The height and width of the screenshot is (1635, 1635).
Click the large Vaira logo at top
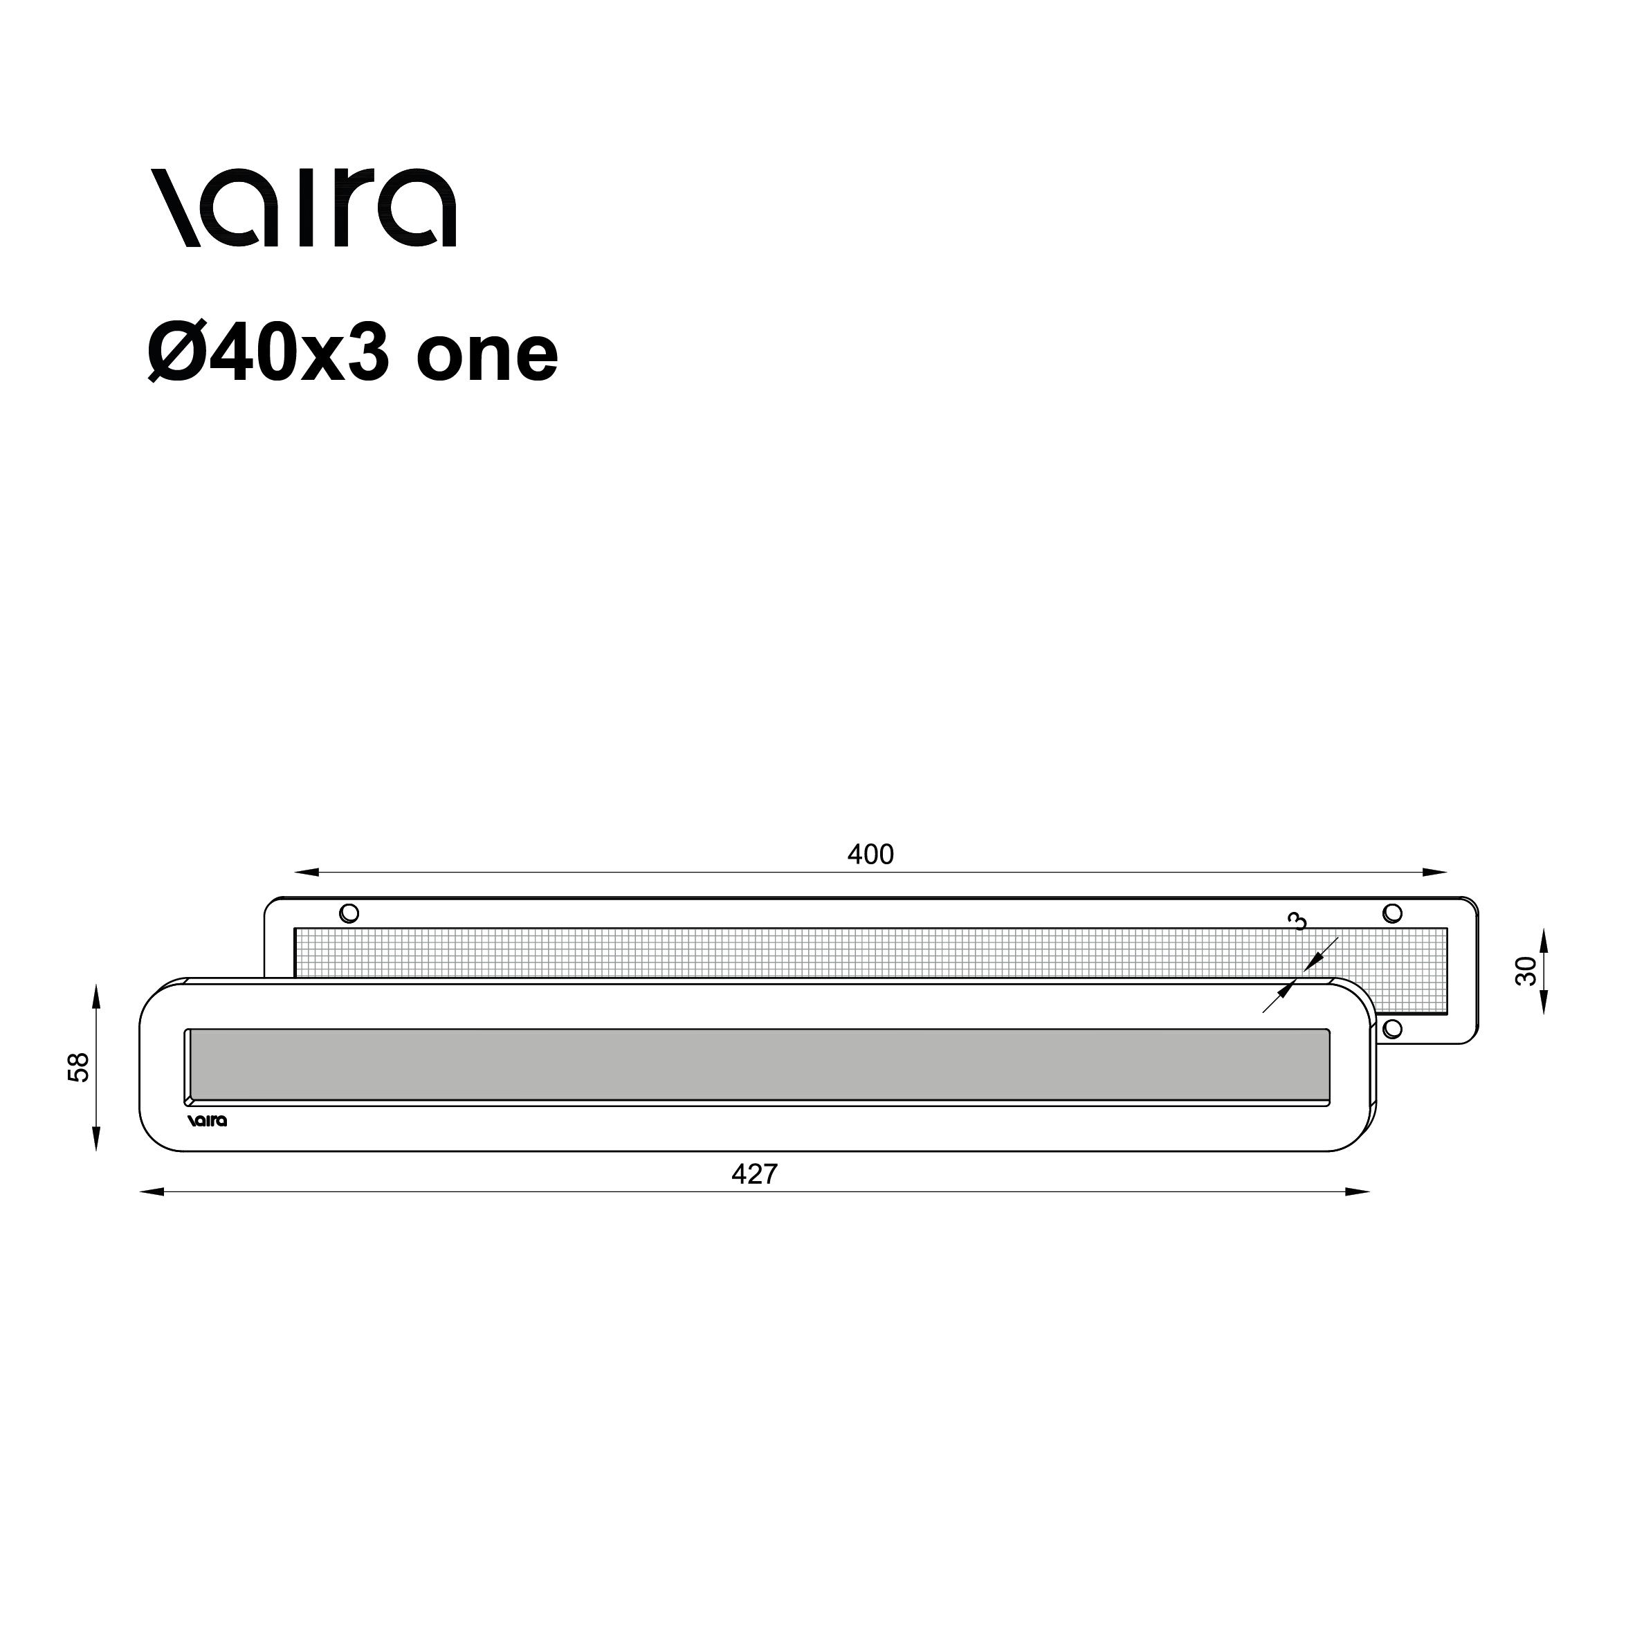pos(304,208)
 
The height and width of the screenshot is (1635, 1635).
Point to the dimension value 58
pos(78,1067)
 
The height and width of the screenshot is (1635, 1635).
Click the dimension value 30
pos(1525,971)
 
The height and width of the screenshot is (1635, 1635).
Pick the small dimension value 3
pos(1297,921)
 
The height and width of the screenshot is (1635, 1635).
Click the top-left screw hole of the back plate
pos(349,913)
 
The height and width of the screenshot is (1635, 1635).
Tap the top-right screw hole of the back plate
pos(1392,913)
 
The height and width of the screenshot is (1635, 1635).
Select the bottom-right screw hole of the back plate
pos(1392,1029)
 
